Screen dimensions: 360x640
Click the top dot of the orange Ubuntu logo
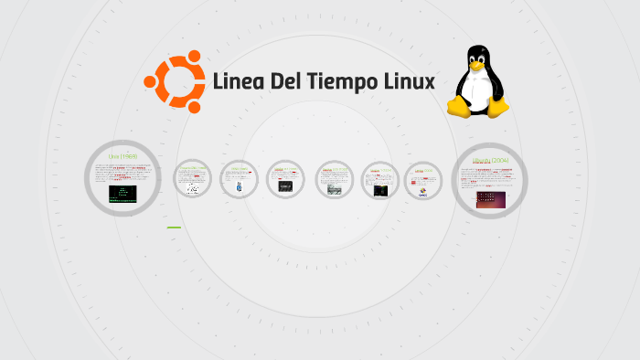(x=194, y=57)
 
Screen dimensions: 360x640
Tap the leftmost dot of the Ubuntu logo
(x=150, y=81)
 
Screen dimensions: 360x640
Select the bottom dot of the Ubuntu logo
(x=194, y=107)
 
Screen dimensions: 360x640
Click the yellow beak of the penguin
(x=475, y=66)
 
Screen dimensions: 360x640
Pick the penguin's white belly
(x=477, y=91)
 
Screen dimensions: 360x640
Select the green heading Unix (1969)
(x=123, y=156)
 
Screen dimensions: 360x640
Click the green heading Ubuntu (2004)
(x=489, y=161)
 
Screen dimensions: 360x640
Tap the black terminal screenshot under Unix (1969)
(x=123, y=194)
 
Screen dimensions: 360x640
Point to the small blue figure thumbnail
(x=240, y=187)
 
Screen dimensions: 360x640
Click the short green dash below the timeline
(x=174, y=228)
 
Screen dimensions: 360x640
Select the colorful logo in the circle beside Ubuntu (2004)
(x=422, y=191)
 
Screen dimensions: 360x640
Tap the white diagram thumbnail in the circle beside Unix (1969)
(x=193, y=188)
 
